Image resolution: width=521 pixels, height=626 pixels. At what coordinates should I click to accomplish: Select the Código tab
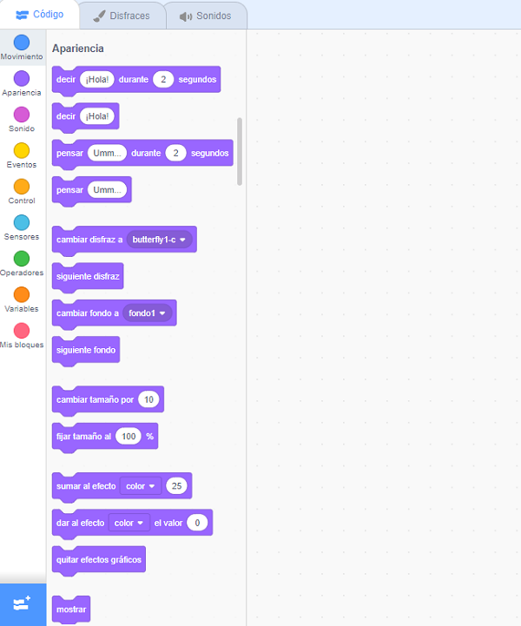point(39,14)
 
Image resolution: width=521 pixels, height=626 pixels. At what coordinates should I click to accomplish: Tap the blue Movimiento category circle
point(22,43)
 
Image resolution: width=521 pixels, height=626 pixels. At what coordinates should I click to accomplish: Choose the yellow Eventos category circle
point(22,150)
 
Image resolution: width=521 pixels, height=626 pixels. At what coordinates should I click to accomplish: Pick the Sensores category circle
point(22,222)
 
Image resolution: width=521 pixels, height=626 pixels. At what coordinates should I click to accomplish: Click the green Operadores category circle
point(22,259)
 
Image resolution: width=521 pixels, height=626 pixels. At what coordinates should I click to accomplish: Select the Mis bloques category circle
point(22,331)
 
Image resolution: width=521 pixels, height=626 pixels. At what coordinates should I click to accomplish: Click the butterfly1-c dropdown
point(160,239)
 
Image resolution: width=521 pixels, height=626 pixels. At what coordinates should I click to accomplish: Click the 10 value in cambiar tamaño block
point(149,399)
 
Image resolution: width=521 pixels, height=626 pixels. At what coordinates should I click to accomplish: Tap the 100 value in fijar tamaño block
point(129,436)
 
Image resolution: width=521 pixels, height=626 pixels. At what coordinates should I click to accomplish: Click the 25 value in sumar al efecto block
point(177,485)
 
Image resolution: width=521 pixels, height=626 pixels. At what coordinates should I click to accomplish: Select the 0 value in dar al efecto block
point(198,523)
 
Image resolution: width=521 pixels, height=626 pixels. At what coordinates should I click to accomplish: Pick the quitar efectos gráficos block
point(99,559)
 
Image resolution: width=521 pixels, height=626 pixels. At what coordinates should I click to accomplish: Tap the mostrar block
point(70,610)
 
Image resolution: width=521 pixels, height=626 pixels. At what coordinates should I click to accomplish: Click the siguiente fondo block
point(86,349)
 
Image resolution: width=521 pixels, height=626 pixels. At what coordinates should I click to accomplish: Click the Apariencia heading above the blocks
point(78,49)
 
